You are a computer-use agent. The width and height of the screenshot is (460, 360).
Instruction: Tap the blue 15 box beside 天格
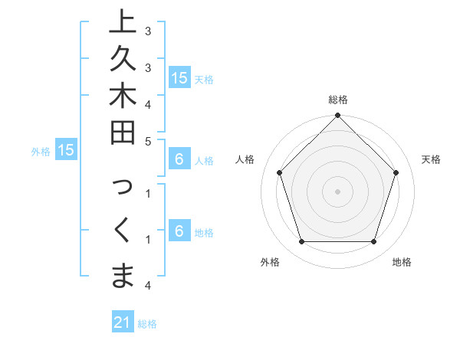(x=179, y=78)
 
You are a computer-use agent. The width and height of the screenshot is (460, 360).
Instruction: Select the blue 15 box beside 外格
(x=66, y=151)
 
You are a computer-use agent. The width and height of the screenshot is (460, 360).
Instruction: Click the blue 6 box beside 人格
(x=179, y=160)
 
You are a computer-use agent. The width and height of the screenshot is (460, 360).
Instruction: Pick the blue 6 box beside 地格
(x=179, y=232)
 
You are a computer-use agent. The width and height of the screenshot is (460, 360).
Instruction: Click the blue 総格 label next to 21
(x=147, y=324)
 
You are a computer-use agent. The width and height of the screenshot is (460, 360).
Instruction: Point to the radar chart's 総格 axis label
(x=338, y=100)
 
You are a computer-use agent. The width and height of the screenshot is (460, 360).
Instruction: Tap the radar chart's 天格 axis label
(x=431, y=159)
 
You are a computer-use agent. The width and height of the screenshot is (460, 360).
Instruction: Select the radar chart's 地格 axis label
(x=402, y=262)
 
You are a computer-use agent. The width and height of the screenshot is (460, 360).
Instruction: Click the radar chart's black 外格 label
(x=270, y=262)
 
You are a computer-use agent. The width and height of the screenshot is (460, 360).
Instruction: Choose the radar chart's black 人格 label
(x=245, y=159)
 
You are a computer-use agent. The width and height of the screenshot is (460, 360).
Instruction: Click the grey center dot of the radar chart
(x=338, y=191)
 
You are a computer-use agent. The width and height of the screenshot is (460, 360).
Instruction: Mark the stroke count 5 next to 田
(x=148, y=141)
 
